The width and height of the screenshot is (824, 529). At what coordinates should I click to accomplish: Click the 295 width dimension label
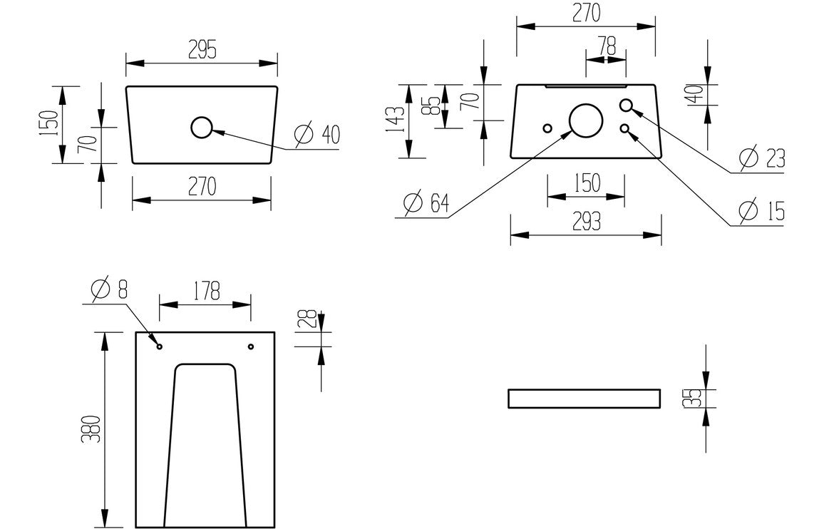pos(202,48)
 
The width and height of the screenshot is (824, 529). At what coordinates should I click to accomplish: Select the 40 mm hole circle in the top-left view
pos(202,128)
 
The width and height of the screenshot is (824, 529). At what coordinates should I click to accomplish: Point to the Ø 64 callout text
pos(426,204)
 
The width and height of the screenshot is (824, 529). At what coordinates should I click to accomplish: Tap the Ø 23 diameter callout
pos(762,158)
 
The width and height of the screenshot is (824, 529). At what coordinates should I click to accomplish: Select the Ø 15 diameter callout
pos(762,211)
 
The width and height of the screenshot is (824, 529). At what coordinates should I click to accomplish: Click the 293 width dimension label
pos(586,222)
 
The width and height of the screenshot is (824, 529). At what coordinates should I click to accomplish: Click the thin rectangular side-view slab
pos(584,399)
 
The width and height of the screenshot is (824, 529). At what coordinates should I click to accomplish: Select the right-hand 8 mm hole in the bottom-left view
pos(251,346)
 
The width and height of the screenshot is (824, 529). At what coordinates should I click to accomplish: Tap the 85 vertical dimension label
pos(428,106)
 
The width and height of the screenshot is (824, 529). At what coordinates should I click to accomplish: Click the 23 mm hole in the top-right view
pos(626,106)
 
